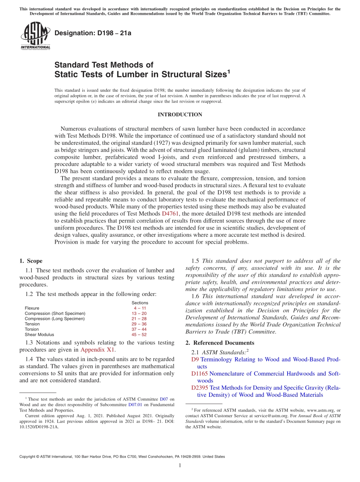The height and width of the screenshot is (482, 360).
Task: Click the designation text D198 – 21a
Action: [x=92, y=33]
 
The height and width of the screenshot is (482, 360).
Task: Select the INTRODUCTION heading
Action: [x=180, y=114]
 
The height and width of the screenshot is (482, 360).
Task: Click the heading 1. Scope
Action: [x=31, y=261]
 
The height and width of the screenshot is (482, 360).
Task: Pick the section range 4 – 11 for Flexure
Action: [x=139, y=308]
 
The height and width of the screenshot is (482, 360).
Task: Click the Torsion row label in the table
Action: [x=32, y=329]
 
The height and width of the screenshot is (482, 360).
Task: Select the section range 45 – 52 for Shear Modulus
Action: [x=139, y=335]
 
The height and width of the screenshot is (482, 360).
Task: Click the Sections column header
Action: [x=139, y=303]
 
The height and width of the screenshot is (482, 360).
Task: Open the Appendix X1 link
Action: [x=97, y=350]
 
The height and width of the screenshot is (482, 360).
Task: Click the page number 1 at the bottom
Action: [x=180, y=465]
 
